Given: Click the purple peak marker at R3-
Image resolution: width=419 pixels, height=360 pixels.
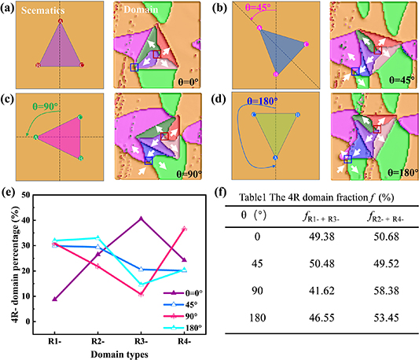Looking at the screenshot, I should click(142, 218).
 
